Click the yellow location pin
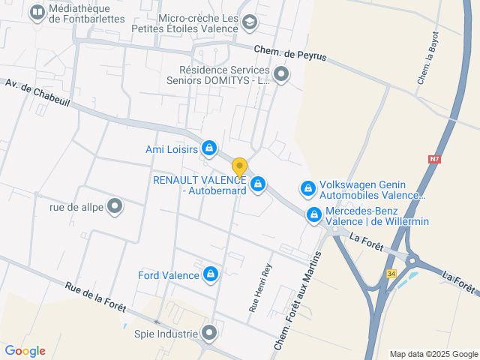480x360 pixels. click(x=239, y=167)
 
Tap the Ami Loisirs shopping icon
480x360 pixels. click(x=210, y=148)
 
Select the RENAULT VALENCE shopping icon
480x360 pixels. click(x=258, y=184)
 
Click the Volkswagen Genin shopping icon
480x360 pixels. click(x=307, y=188)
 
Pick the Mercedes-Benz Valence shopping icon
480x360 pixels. click(x=313, y=215)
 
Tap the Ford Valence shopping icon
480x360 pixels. click(x=211, y=274)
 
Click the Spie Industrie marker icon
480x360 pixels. click(x=209, y=332)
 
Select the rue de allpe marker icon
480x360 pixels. click(x=115, y=205)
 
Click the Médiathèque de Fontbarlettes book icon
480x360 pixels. click(x=37, y=12)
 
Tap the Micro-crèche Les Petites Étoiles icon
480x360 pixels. click(x=250, y=23)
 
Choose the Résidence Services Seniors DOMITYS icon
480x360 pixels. click(x=281, y=73)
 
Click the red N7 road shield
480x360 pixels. click(x=434, y=159)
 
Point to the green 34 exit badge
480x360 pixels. click(x=391, y=274)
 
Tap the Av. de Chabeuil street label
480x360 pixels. click(x=37, y=93)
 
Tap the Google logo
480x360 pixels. click(x=25, y=350)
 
